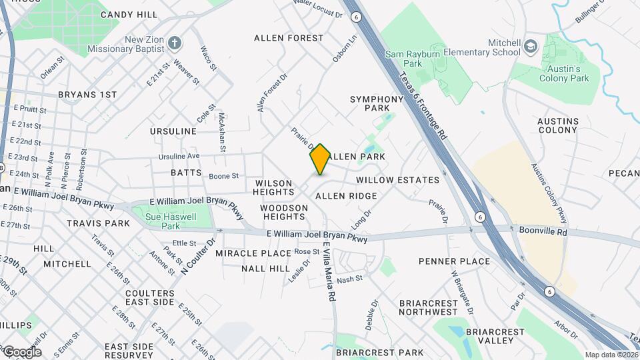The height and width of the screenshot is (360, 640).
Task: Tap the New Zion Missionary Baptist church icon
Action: [x=175, y=43]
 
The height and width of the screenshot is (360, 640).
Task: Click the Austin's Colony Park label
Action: [x=564, y=73]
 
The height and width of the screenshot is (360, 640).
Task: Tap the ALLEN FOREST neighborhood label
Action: [x=289, y=38]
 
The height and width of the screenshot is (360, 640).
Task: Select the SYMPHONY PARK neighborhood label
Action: [x=377, y=103]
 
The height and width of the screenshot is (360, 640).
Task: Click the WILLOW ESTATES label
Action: [x=397, y=180]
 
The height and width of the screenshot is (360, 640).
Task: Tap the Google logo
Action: [x=21, y=351]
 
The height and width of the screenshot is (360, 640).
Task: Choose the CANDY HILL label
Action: [x=129, y=14]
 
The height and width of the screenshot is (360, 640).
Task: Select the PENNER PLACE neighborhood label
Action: [x=454, y=261]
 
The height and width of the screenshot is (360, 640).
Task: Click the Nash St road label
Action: [x=349, y=279]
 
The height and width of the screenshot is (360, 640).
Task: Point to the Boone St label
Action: [x=223, y=176]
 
